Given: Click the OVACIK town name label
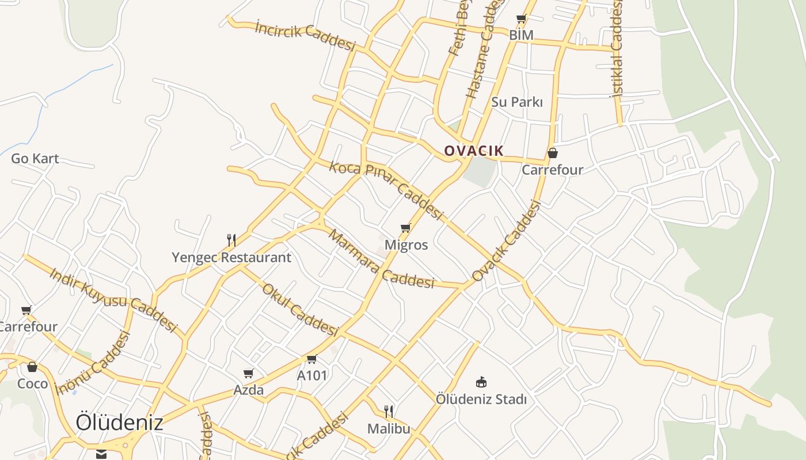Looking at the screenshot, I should coord(474,151).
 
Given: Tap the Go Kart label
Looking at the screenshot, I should coord(35,159).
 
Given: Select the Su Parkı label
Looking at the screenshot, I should coord(517,102).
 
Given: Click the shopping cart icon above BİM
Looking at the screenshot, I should coord(522,19).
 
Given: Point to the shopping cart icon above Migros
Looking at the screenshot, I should coord(406,228).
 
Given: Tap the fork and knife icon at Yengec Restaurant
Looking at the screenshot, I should coord(231,240).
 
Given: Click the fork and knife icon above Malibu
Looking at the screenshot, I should coord(389,411).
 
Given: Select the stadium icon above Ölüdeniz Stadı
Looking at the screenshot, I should coord(481,382).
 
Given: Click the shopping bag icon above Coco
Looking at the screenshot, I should coord(32,367).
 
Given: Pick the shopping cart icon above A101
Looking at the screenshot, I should coord(312,359).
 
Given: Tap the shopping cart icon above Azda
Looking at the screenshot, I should coord(249,374).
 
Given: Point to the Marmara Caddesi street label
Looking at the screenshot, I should coord(381,259).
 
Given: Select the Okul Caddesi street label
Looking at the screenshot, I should coord(299,310).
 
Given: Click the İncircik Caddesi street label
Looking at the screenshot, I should coord(305,35).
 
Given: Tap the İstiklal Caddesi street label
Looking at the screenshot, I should coord(616,49).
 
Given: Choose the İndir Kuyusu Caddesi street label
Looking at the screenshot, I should coord(113,300).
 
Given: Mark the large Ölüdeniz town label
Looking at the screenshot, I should coord(119,423).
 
